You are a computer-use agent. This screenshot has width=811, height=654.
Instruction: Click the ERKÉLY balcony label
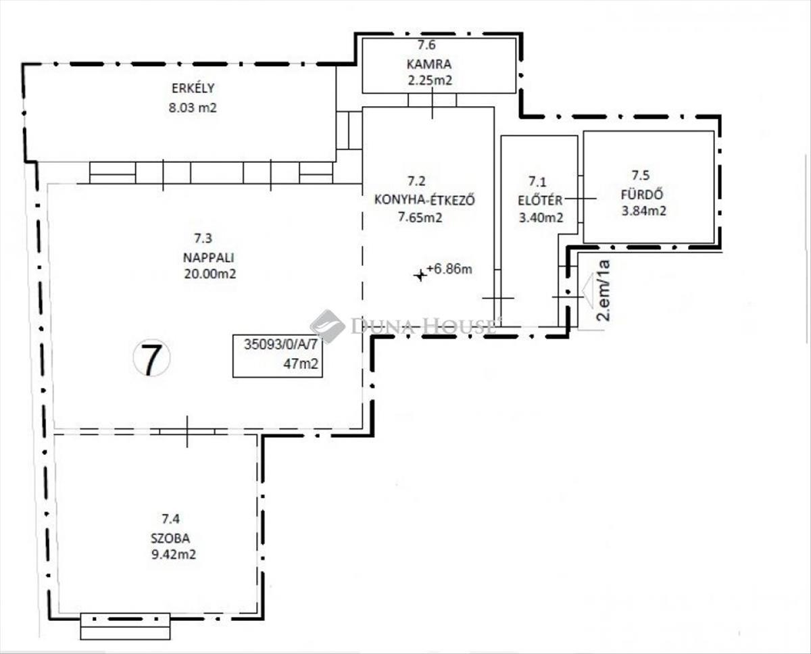pos(193,88)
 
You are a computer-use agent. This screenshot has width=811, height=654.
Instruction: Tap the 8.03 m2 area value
pos(193,108)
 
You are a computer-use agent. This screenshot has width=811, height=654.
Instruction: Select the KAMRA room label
pos(429,64)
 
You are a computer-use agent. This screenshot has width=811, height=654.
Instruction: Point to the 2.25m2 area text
pos(430,80)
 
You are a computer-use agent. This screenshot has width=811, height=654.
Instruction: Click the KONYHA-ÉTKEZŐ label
pos(424,200)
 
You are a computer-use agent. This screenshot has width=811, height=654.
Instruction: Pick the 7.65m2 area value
pos(420,218)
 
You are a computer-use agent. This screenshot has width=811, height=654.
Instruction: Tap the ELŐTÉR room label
pos(540,200)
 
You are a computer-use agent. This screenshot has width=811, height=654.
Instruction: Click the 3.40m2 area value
pos(541,218)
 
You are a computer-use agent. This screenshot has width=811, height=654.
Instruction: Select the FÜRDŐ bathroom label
pos(642,195)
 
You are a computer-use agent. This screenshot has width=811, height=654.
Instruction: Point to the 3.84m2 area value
pos(643,211)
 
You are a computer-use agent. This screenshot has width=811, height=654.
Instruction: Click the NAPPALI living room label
pos(208,257)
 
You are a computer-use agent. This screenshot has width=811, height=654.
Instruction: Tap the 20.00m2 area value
pos(210,274)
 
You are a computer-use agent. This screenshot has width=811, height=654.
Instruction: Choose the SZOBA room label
pos(170,538)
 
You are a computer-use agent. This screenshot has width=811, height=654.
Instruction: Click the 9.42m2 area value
pos(174,555)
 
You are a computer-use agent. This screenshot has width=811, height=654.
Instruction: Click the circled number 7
pos(151,358)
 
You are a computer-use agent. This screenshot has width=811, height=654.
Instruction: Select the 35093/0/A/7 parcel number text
pos(280,345)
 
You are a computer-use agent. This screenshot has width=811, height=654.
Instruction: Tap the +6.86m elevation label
pos(449,269)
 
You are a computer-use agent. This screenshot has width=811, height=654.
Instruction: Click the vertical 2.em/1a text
pos(604,291)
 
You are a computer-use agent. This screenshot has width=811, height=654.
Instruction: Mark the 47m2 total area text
pos(301,364)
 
